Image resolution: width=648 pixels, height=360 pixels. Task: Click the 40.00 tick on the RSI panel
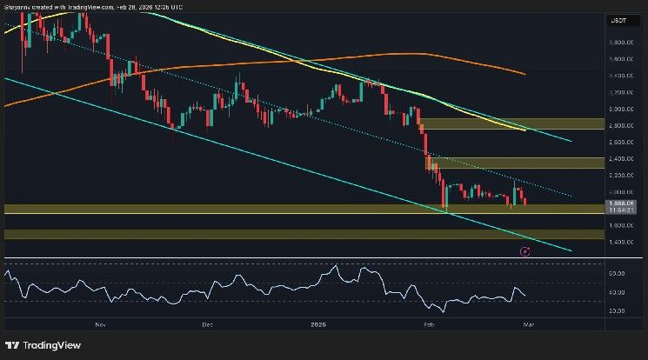pyautogui.click(x=619, y=293)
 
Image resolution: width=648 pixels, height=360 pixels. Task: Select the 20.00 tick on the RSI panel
pyautogui.click(x=619, y=310)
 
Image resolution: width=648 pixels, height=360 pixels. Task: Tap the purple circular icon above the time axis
pyautogui.click(x=524, y=251)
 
